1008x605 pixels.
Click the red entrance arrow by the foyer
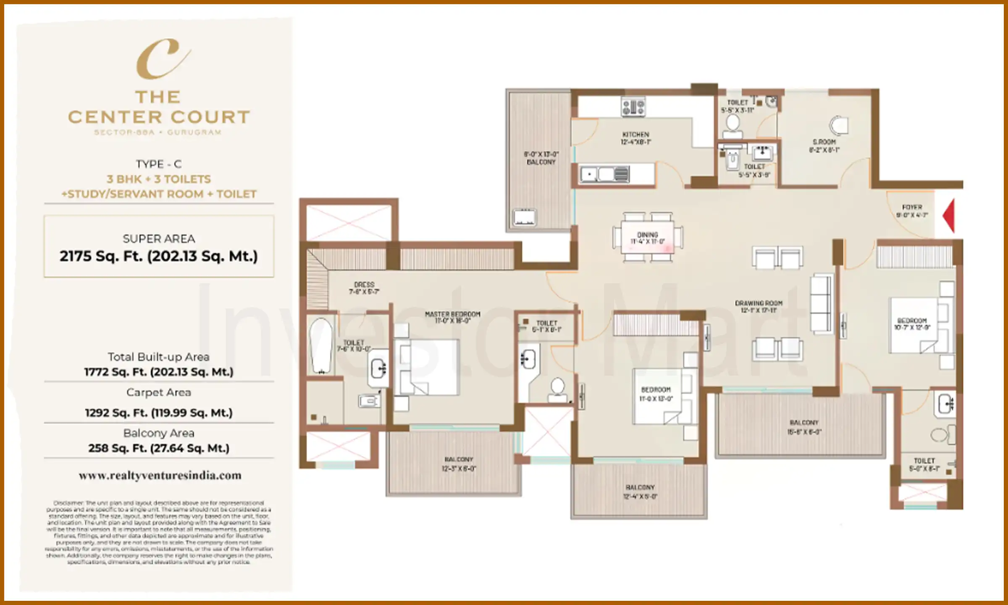tap(949, 216)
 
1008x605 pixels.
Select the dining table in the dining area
tap(647, 238)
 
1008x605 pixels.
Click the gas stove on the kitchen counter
tap(633, 107)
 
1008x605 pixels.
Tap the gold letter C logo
tap(161, 59)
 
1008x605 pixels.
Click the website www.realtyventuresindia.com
tap(160, 476)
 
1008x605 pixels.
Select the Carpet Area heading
tap(158, 392)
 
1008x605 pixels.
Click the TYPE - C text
tap(158, 164)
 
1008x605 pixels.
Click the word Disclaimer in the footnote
tap(68, 503)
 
